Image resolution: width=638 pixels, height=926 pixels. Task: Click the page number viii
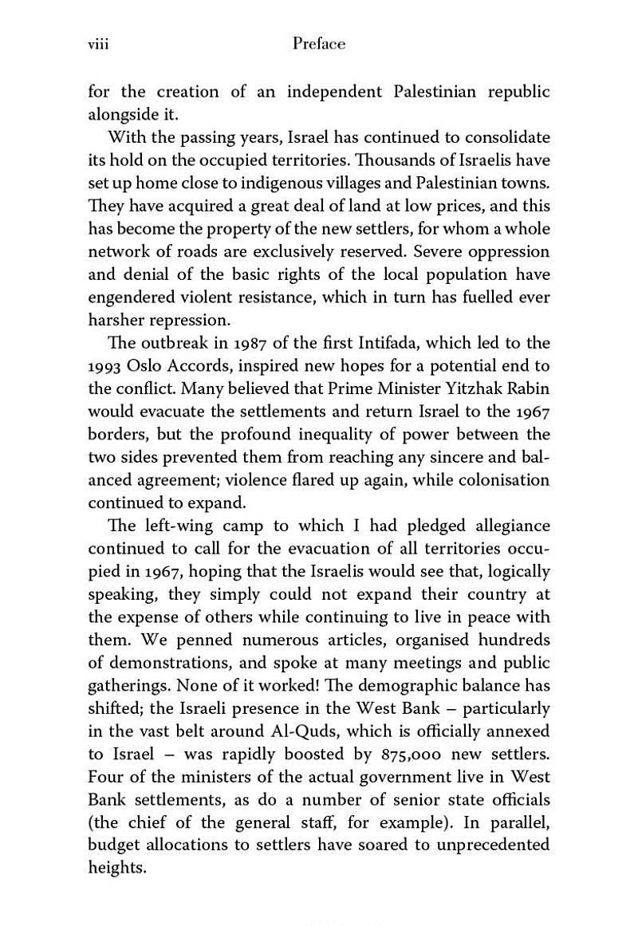97,45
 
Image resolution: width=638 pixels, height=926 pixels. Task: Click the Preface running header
319,45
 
